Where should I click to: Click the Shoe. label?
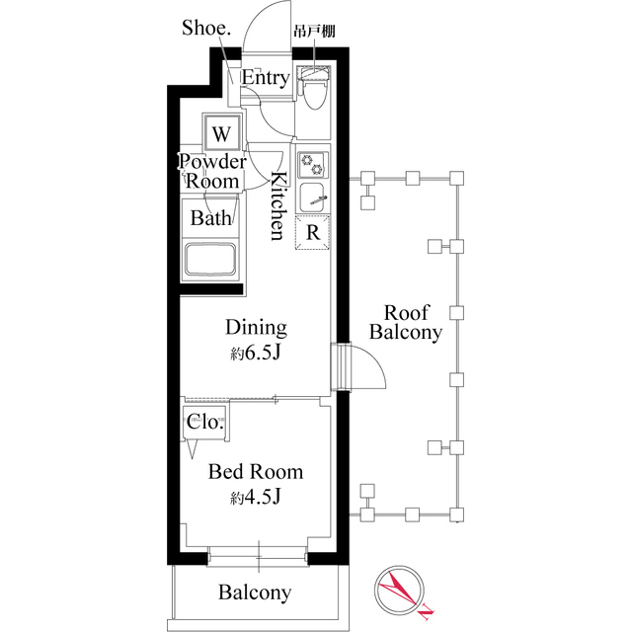(x=205, y=28)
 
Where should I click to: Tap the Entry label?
(x=265, y=78)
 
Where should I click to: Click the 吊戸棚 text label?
(x=314, y=32)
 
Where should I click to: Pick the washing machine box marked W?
(x=222, y=132)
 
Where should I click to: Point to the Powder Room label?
(x=212, y=172)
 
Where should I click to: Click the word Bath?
(x=211, y=217)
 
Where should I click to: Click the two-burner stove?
(x=313, y=162)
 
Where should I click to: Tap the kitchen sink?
(x=313, y=196)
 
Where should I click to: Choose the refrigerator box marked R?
(x=312, y=233)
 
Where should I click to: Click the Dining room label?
(x=256, y=328)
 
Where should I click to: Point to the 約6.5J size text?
(x=257, y=354)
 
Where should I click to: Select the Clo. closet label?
(x=205, y=422)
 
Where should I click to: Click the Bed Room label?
(x=255, y=472)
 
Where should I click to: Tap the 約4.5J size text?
(x=257, y=498)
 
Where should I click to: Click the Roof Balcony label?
(x=405, y=322)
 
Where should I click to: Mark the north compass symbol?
(x=401, y=593)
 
